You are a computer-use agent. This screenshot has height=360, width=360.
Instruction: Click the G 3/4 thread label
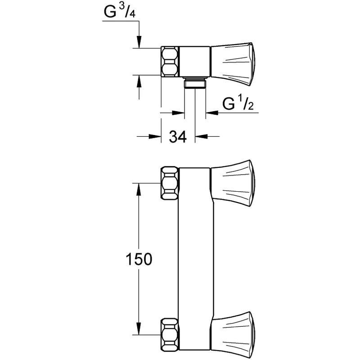[120, 12]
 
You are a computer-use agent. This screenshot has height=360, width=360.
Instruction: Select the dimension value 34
[178, 137]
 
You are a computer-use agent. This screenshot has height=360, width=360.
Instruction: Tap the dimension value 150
[139, 259]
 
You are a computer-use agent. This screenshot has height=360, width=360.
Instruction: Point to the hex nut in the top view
[170, 62]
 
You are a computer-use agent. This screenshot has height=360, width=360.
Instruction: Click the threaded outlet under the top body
[195, 82]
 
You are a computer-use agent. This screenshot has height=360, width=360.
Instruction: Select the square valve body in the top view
[194, 61]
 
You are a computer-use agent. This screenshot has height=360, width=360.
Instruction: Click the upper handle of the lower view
[233, 183]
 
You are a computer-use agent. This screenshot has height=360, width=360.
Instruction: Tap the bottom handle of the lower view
[233, 334]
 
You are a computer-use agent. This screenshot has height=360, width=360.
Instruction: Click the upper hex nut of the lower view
[170, 183]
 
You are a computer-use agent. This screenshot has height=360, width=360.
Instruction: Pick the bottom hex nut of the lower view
[170, 334]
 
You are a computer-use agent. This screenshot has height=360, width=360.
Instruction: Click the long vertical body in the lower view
[196, 259]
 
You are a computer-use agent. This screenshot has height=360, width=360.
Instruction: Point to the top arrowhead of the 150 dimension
[139, 189]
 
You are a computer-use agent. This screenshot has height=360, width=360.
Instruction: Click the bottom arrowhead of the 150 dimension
[139, 329]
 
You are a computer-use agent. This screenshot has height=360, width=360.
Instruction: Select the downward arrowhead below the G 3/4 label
[139, 42]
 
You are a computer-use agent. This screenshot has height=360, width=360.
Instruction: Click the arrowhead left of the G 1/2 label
[211, 113]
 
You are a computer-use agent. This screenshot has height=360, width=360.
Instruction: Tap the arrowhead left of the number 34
[155, 136]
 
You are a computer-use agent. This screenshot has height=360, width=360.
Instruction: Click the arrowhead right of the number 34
[201, 136]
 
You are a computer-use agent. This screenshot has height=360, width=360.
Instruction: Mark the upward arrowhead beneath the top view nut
[139, 81]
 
